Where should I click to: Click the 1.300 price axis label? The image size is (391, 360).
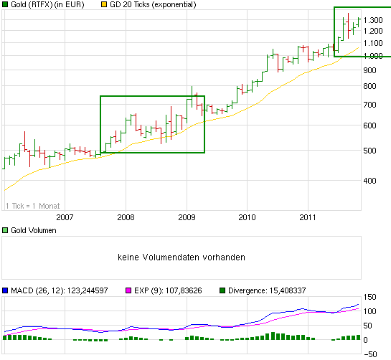pos(372,19)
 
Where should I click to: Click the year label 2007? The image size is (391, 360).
pos(65,217)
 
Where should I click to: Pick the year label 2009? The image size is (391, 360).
pos(187,217)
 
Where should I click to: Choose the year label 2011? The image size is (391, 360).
pos(308,217)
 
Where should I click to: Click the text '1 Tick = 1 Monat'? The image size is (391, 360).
pos(32,206)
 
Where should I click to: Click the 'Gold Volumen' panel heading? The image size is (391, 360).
pos(32,231)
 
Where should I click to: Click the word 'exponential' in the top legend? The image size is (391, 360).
pos(178,5)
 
